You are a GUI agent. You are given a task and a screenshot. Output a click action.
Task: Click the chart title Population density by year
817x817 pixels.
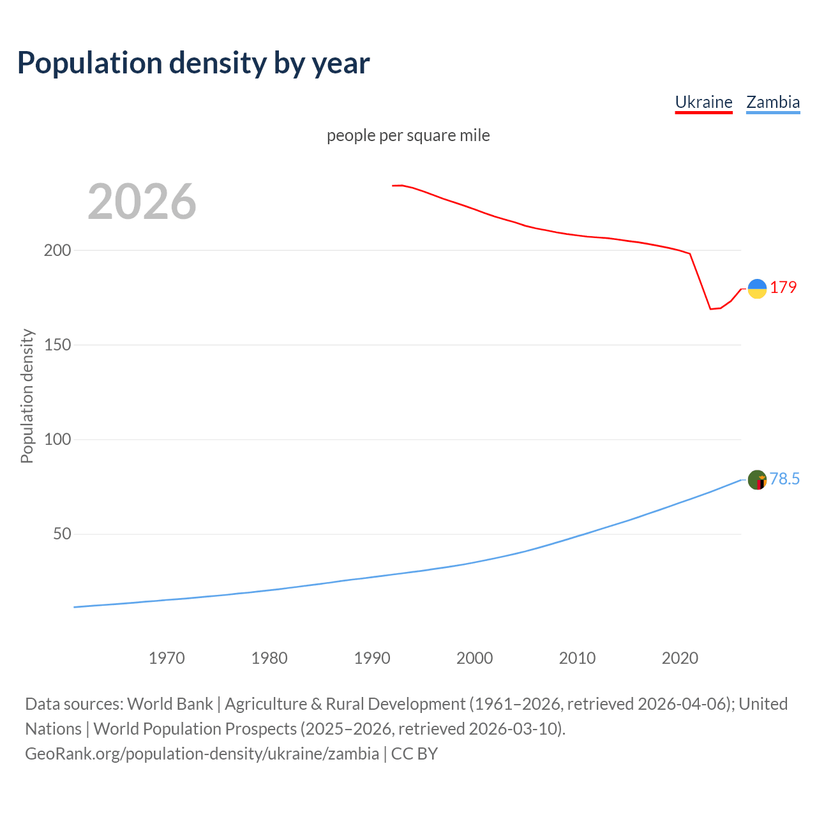tap(193, 63)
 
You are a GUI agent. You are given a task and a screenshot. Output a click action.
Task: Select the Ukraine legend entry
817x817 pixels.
tap(703, 102)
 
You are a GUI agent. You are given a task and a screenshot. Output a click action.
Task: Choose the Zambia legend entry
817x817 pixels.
tap(772, 102)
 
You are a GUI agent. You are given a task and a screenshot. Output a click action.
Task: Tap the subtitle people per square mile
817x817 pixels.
tap(408, 135)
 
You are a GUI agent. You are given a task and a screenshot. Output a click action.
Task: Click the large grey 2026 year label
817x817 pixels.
tap(142, 202)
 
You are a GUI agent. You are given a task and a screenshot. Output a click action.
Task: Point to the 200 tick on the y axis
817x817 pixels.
tap(57, 250)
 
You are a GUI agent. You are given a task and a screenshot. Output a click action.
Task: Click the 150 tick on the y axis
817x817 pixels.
tap(57, 345)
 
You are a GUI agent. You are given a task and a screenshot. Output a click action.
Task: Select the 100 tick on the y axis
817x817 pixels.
tap(57, 440)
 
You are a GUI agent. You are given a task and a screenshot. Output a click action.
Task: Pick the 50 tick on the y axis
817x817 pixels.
tap(62, 534)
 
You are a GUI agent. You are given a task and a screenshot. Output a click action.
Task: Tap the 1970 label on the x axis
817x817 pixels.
tap(167, 658)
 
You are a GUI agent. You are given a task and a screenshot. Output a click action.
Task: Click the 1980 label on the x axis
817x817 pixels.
tap(269, 658)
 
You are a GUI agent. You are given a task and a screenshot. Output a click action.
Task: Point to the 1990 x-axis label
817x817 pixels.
tap(372, 658)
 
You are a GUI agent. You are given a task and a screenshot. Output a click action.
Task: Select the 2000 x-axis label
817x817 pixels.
tap(474, 658)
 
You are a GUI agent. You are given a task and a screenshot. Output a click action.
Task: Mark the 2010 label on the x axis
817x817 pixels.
tap(577, 658)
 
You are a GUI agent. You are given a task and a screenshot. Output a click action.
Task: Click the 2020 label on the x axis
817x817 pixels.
tap(680, 658)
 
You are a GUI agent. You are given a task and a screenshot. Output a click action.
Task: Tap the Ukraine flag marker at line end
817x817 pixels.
tap(757, 289)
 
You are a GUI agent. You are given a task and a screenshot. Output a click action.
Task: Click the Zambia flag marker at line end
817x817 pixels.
tap(757, 479)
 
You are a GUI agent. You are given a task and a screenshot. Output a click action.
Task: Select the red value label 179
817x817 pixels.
tap(783, 287)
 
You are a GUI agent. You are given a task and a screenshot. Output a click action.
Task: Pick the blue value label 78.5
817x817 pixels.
tap(784, 479)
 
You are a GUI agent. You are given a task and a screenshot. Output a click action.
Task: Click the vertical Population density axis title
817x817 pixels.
tap(27, 396)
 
